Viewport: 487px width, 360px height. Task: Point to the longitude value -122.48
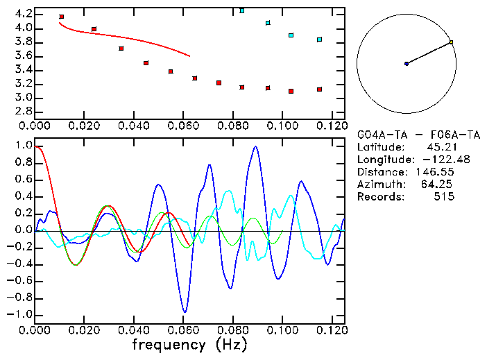(434, 159)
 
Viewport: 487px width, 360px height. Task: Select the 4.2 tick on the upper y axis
(22, 14)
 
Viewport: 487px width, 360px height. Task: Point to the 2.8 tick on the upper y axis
(22, 111)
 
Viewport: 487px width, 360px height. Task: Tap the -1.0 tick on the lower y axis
(20, 314)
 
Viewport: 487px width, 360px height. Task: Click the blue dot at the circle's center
(407, 64)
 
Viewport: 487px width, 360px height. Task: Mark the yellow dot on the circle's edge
(451, 42)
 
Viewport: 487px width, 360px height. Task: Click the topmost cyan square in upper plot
(241, 10)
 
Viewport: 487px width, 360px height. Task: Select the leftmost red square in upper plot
(62, 16)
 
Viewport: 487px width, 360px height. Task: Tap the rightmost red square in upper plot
(319, 89)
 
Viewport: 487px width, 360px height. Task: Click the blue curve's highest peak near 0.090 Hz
(256, 147)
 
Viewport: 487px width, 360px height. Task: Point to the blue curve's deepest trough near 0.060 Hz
(184, 311)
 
